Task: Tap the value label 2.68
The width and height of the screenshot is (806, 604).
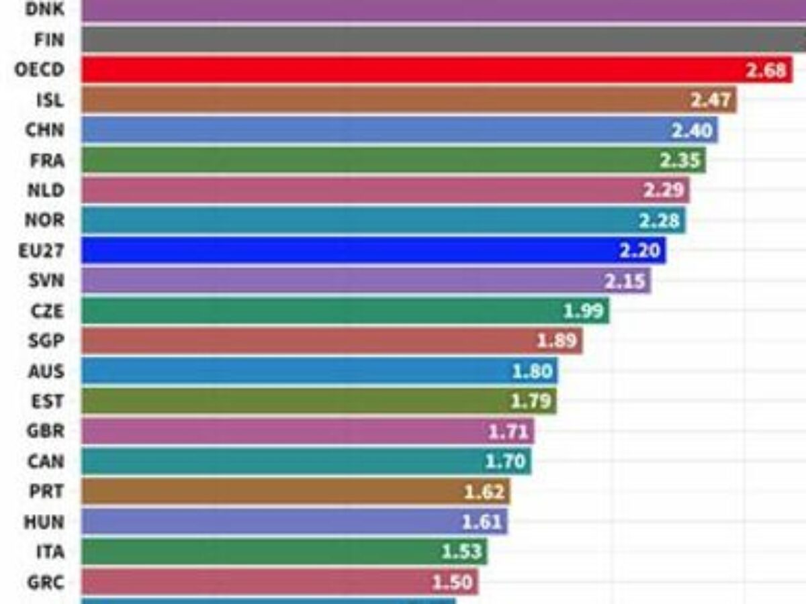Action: point(766,70)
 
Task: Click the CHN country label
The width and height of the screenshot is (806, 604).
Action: point(45,130)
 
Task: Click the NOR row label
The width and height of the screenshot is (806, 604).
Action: point(45,220)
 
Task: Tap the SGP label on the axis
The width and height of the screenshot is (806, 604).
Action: point(46,341)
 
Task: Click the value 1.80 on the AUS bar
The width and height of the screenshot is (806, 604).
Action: point(532,371)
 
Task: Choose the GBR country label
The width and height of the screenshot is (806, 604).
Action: point(46,431)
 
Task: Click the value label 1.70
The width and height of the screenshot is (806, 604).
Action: point(506,461)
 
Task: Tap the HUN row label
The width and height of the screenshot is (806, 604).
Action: point(44,521)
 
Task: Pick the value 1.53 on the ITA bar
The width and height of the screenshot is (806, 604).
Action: point(462,552)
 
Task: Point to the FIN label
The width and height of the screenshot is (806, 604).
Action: point(49,40)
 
